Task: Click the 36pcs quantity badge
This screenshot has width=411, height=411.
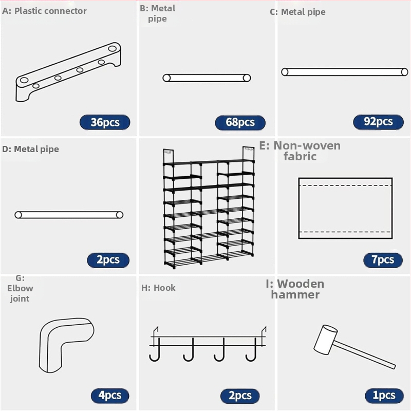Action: pos(105,122)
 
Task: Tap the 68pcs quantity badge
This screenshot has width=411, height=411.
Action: pos(240,122)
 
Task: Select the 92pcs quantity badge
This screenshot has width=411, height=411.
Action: pos(378,122)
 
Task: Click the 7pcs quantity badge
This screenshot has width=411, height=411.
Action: pos(383,260)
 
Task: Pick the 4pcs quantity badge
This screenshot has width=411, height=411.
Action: pos(110,396)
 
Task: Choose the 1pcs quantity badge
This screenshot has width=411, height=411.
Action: pos(384,396)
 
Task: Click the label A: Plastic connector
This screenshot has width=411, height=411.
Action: pos(44,11)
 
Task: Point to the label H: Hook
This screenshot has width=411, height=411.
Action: pos(158,288)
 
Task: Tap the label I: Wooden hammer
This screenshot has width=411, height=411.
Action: pos(295,289)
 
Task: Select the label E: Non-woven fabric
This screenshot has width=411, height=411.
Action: pos(300,151)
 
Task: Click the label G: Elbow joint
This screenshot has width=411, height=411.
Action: pos(20,288)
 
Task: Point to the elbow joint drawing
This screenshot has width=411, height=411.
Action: pos(67,345)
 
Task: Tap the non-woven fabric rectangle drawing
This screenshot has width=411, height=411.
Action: pos(345,209)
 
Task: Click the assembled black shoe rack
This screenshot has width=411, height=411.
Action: pos(209,208)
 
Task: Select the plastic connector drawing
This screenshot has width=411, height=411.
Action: pos(68,72)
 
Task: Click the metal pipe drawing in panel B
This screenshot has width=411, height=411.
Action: pos(207,78)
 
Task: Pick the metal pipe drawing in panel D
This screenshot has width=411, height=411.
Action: pos(69,215)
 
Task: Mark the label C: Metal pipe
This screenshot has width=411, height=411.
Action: pos(297,12)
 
